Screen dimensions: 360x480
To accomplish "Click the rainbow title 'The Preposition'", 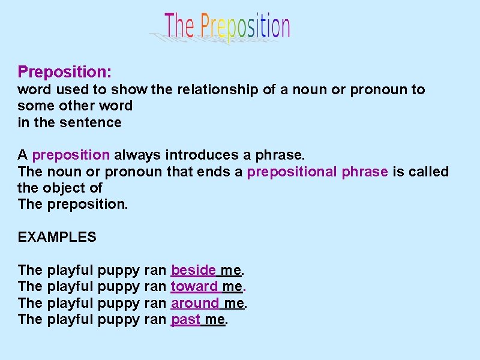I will [227, 27].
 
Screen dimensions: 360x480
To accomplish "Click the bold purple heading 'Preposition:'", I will [65, 72].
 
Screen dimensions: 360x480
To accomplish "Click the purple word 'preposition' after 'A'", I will [71, 155].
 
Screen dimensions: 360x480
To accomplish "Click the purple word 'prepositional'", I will [292, 172].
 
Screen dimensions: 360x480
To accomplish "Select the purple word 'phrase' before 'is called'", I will [365, 172].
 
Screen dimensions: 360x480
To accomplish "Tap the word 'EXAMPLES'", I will [57, 237].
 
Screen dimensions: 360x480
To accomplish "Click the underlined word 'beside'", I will [193, 270].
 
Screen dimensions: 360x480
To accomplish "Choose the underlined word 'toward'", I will [194, 286].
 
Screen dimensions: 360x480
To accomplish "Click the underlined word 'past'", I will [186, 319].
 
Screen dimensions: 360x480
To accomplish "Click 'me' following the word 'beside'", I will [230, 270].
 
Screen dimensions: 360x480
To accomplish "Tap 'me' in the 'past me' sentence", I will [215, 319].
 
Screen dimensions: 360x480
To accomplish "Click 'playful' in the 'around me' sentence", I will [70, 303].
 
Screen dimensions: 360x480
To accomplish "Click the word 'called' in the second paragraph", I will [428, 172].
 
